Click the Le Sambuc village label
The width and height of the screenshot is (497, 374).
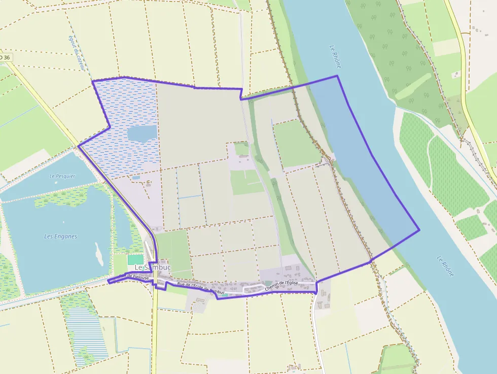[x=153, y=267]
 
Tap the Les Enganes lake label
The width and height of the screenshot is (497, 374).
[x=61, y=236]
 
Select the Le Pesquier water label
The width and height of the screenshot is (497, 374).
[x=62, y=176]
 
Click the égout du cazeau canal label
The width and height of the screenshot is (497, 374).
[x=75, y=53]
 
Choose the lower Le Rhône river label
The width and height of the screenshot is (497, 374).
[x=445, y=266]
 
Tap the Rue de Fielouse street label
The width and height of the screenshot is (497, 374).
[x=133, y=277]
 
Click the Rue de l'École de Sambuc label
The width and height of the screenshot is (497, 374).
[x=200, y=288]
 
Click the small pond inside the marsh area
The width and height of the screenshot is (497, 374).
[x=142, y=133]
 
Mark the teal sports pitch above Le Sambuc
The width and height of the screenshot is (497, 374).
[x=135, y=259]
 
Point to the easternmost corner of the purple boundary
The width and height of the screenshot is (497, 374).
[x=419, y=230]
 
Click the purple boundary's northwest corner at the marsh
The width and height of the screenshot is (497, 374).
[x=92, y=81]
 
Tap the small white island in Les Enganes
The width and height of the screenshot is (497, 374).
[x=99, y=254]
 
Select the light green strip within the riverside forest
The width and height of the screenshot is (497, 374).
[x=413, y=87]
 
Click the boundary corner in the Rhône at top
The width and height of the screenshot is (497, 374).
[x=337, y=76]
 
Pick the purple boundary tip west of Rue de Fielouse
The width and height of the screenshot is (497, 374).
[x=108, y=282]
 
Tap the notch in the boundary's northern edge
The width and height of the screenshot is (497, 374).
[x=241, y=98]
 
